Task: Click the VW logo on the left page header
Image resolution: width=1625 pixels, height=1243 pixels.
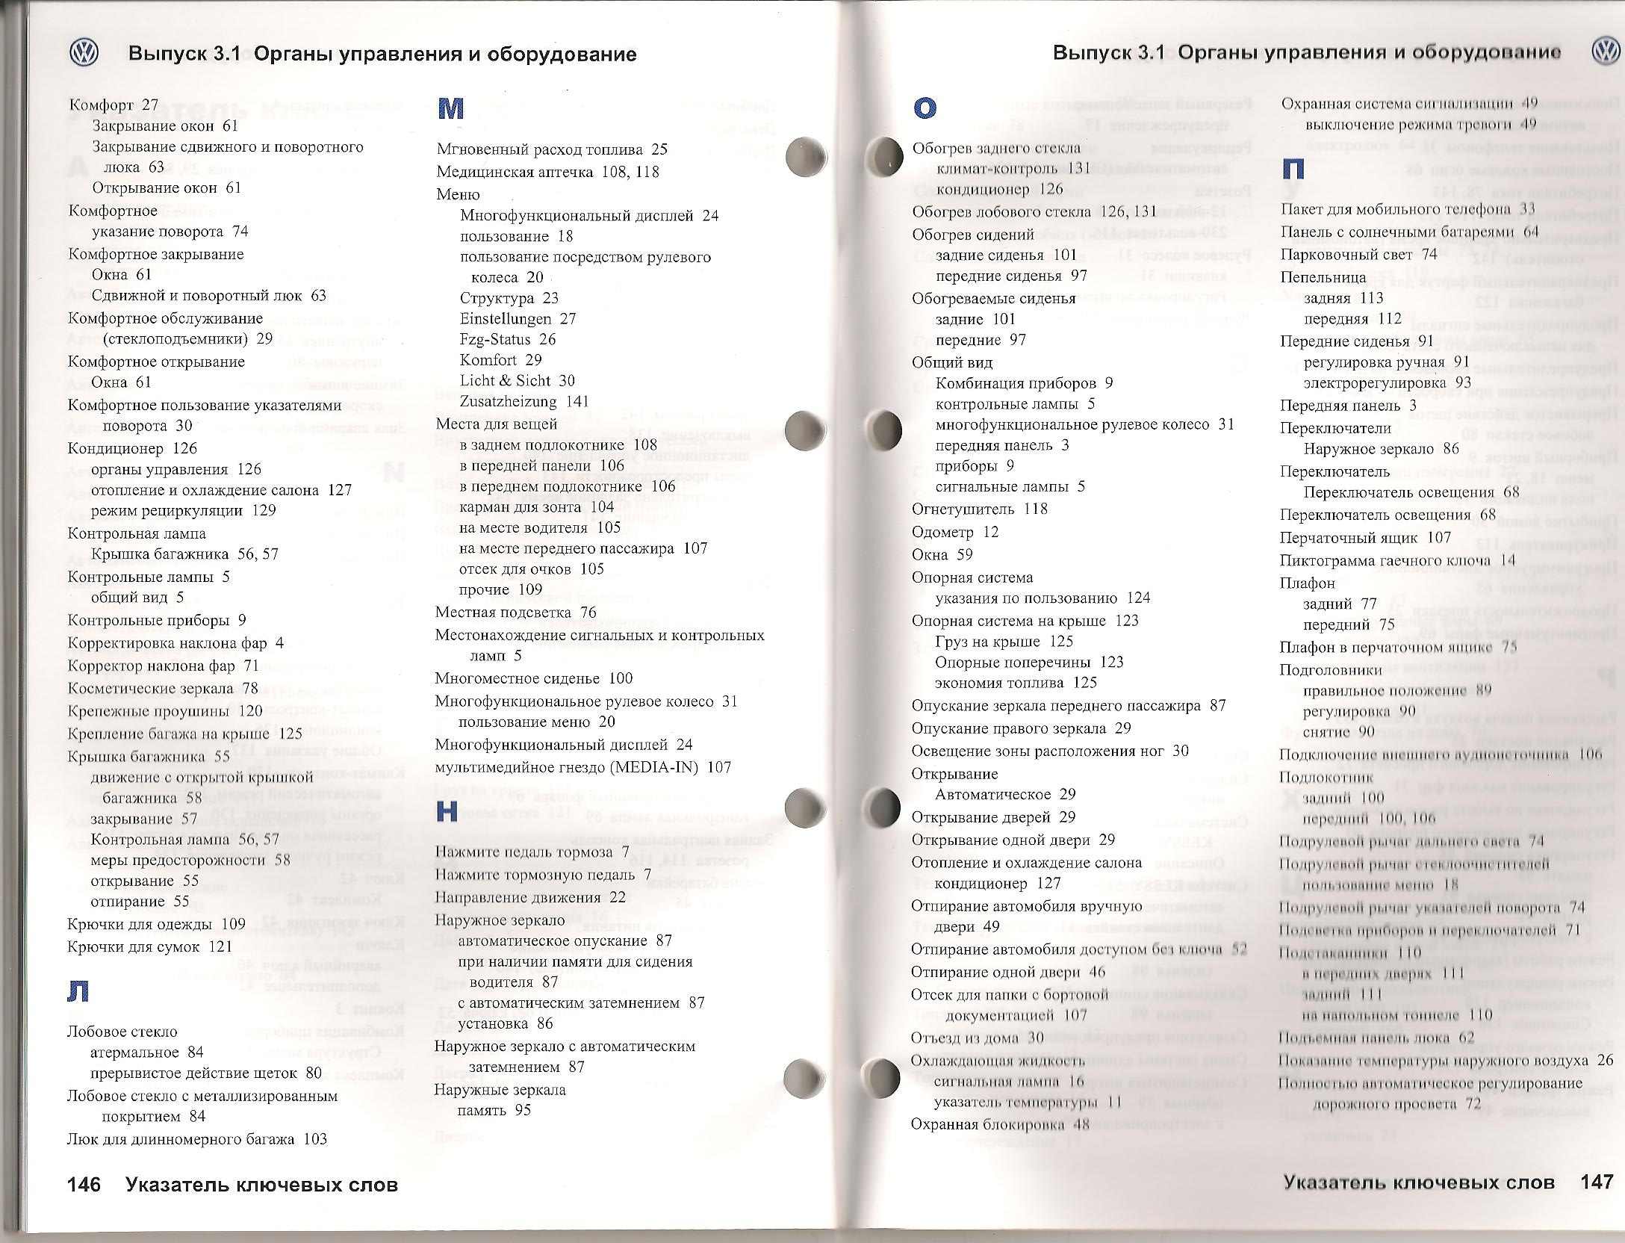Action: point(84,53)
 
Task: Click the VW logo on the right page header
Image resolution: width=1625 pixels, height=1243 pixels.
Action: point(1605,52)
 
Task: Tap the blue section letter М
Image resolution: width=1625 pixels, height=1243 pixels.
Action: point(451,109)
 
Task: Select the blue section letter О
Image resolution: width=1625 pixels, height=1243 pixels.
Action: point(925,108)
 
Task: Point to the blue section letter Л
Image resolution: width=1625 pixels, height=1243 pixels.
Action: point(78,991)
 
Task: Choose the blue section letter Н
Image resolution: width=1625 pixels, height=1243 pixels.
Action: point(447,811)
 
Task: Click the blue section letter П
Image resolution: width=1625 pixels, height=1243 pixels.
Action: point(1293,169)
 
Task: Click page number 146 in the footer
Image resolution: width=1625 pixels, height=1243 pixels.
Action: point(84,1185)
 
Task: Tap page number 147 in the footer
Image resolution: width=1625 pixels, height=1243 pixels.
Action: point(1597,1182)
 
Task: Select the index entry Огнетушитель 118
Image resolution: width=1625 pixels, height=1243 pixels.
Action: point(979,509)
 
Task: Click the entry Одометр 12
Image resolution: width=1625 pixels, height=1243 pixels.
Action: point(954,532)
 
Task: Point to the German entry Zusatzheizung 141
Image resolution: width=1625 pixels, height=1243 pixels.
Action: point(524,401)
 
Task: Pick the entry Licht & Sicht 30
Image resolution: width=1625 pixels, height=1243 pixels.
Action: point(517,380)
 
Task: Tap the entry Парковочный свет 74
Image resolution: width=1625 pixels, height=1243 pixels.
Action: point(1358,254)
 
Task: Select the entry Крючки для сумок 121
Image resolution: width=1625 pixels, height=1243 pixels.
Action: point(149,946)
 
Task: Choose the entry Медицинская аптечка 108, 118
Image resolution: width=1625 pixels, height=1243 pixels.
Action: point(547,172)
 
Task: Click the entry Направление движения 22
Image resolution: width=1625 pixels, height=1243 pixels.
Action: point(530,897)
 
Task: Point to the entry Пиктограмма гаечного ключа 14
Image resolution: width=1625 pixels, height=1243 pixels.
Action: point(1397,560)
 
